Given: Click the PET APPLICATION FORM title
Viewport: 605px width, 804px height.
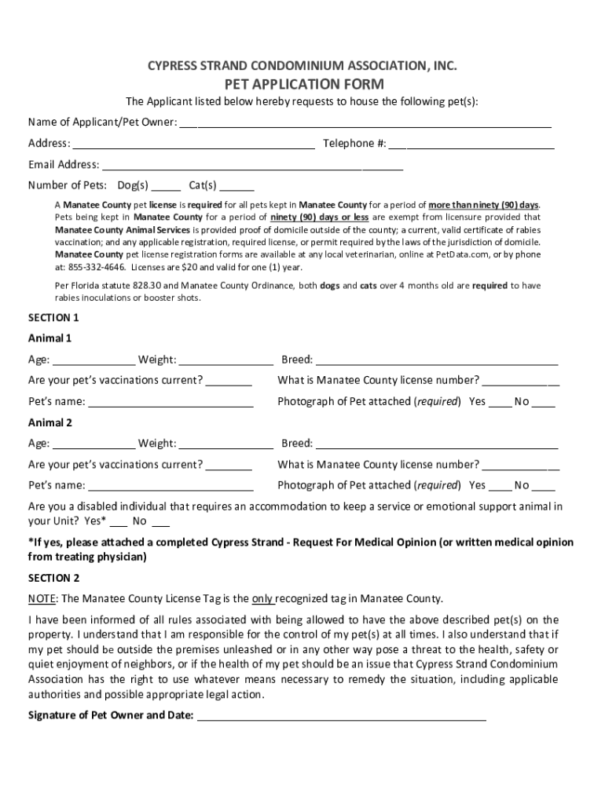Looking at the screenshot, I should [x=303, y=84].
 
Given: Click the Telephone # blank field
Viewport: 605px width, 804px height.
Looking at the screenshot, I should [x=471, y=144].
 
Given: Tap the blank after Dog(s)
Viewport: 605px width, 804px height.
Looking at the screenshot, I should [x=166, y=186].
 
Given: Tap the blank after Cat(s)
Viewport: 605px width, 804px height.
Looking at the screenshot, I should [x=236, y=186].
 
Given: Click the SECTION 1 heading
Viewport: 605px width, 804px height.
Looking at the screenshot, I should [x=53, y=318].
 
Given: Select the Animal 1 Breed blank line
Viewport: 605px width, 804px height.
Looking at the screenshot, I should [x=437, y=360].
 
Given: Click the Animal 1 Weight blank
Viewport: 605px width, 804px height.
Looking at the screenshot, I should [x=225, y=360].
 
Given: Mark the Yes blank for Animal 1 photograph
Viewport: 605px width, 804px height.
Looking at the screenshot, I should [x=499, y=402].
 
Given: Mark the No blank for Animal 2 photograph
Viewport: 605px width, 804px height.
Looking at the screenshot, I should [x=544, y=486].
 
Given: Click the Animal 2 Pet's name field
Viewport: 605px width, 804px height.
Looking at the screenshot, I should [x=170, y=486].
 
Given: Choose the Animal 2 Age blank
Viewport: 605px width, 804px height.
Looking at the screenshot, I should [x=93, y=444].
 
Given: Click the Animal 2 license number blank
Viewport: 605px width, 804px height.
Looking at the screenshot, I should [x=521, y=465].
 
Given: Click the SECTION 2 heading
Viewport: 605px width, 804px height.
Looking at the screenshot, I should [x=53, y=578].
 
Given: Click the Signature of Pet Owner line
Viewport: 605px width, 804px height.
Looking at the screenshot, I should [x=341, y=716].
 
